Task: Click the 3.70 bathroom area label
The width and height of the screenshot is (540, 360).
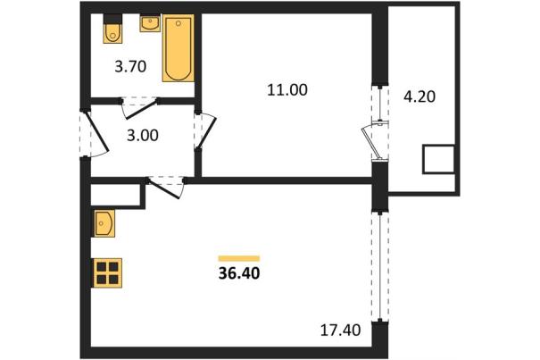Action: (130, 66)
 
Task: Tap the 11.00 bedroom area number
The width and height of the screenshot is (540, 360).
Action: (287, 90)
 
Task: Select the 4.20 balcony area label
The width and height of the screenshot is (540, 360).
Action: (420, 96)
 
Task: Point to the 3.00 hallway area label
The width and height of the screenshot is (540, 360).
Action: (143, 136)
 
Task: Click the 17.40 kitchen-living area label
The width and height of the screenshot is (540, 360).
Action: (341, 331)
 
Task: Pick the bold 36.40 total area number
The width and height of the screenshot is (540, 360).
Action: (239, 273)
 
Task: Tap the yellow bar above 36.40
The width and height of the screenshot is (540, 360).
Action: (239, 258)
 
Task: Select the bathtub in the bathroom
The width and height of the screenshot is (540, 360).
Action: (178, 48)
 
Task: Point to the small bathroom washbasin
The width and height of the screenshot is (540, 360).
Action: (150, 23)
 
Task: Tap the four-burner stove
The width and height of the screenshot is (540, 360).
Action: (107, 272)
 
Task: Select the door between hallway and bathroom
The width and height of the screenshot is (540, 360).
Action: (139, 107)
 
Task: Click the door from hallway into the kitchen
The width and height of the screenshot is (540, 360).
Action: (165, 188)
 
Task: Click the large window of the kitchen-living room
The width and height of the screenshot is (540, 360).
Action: (380, 266)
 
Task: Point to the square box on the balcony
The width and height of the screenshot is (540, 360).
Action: (438, 159)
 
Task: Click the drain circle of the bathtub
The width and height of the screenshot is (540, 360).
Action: (178, 23)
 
